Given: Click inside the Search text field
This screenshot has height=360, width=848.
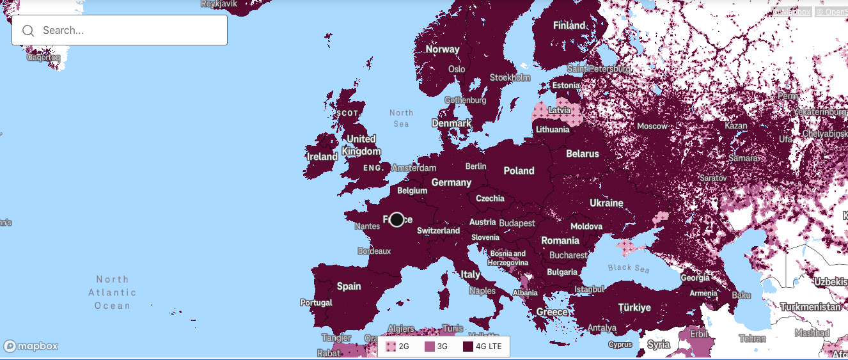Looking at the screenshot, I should (x=128, y=30).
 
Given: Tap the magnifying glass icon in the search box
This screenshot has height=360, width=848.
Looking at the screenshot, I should (x=28, y=31).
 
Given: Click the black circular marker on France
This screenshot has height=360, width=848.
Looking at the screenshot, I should (x=397, y=220).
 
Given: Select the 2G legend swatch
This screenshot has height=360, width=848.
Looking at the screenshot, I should (x=391, y=347).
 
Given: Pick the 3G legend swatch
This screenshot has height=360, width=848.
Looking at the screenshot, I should (x=429, y=347).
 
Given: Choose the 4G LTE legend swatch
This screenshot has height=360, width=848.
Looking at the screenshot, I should (x=468, y=347).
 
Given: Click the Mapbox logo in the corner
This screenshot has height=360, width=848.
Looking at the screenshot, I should (x=31, y=346).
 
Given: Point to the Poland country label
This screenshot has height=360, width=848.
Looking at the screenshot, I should (x=519, y=171).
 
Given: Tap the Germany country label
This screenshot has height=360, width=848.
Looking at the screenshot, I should (x=451, y=182).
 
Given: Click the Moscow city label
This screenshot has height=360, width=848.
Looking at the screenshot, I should (x=652, y=126).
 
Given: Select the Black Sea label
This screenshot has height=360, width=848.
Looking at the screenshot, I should (x=628, y=268).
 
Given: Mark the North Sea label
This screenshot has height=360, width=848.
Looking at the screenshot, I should (x=401, y=118).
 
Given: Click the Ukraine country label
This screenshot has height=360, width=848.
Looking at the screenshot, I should (x=606, y=203).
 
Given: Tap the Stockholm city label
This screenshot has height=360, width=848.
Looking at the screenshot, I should (x=510, y=77).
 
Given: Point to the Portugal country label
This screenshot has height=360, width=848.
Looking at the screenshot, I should (x=316, y=302).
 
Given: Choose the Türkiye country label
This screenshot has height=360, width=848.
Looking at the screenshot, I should (x=634, y=308).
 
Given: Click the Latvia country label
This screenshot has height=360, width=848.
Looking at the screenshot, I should (x=559, y=111).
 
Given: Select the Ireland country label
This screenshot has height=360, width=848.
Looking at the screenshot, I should (x=322, y=157).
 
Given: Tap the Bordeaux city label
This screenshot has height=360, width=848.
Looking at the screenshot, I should (x=373, y=251).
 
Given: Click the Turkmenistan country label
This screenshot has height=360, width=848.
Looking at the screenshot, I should (x=810, y=307).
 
